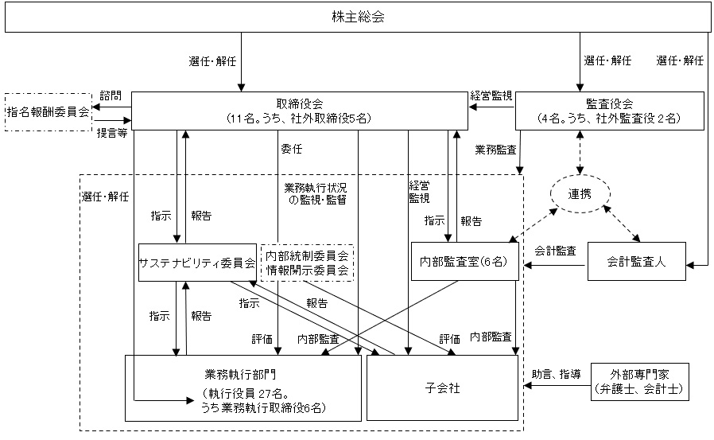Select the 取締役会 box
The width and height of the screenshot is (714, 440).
click(298, 111)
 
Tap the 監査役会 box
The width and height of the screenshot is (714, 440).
click(609, 111)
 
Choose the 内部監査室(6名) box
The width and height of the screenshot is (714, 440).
click(464, 262)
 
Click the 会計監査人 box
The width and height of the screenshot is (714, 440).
click(635, 261)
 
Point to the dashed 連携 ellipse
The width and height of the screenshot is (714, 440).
click(580, 197)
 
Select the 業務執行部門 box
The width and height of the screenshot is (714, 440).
click(244, 387)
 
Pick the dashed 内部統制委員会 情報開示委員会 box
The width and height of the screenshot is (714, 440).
click(308, 262)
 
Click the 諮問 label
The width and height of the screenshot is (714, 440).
click(111, 96)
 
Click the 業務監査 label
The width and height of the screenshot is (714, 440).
click(495, 149)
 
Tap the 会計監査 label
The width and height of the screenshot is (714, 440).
click(556, 251)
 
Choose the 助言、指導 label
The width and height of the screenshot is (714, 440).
click(556, 373)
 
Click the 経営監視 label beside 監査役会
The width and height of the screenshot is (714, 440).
click(492, 95)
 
